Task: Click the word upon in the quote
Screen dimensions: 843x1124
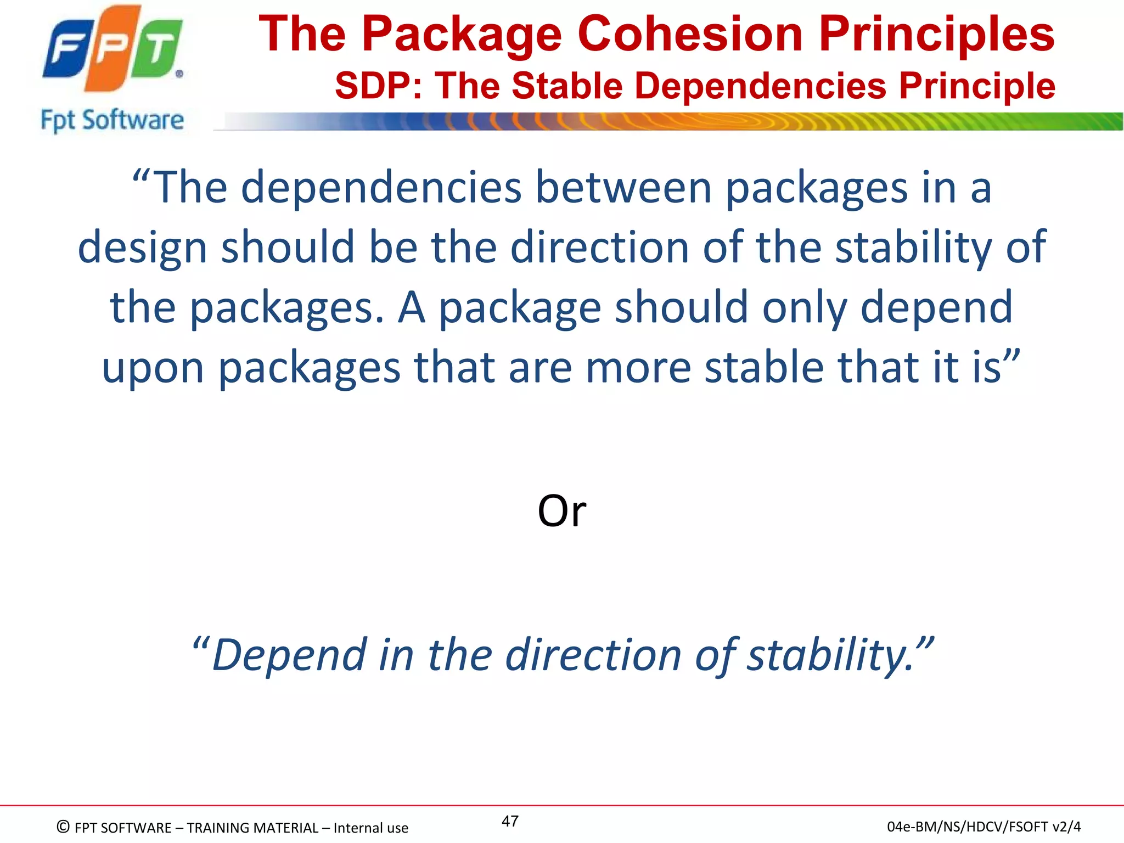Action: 153,368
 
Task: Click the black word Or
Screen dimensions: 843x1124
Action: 561,511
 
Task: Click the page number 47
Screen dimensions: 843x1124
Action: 510,821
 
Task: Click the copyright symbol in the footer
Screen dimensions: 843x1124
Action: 63,827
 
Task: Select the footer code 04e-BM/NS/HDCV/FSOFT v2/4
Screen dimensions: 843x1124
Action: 983,827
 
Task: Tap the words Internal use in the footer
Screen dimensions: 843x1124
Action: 370,828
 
